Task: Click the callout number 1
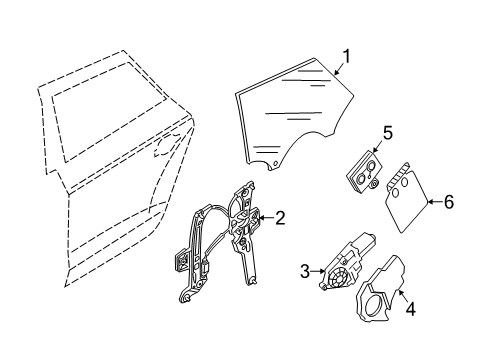[x=347, y=57]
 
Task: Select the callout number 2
[x=280, y=218]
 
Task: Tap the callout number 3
[x=305, y=271]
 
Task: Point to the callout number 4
[x=411, y=308]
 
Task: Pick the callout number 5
[x=388, y=133]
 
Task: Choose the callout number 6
[x=449, y=202]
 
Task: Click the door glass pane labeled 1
[x=293, y=112]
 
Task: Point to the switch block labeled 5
[x=364, y=172]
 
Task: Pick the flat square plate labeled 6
[x=407, y=198]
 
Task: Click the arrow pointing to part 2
[x=266, y=218]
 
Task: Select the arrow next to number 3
[x=318, y=271]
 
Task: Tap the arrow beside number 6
[x=435, y=202]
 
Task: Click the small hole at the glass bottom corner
[x=275, y=163]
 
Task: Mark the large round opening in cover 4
[x=374, y=306]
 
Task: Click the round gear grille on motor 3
[x=336, y=277]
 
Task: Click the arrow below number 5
[x=378, y=147]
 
